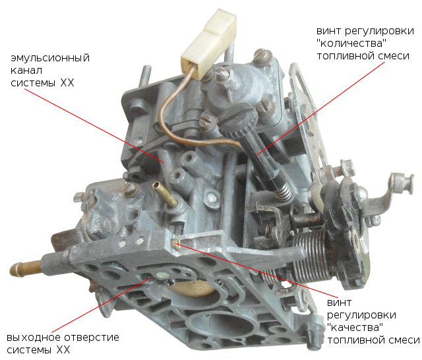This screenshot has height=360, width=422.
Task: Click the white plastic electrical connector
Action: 209,43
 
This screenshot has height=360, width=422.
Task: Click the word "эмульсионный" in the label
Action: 50,59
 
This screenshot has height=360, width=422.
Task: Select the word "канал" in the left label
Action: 26,71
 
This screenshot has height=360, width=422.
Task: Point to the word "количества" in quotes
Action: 351,43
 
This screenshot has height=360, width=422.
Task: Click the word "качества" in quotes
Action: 355,328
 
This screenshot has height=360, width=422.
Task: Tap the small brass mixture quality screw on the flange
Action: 177,243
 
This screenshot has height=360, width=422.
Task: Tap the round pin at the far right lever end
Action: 402,183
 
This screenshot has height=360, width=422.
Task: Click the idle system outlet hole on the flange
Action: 163,275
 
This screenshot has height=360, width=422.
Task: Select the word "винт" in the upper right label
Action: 328,31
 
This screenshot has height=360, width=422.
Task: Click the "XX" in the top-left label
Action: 67,82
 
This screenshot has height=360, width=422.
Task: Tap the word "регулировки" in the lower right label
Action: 361,315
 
